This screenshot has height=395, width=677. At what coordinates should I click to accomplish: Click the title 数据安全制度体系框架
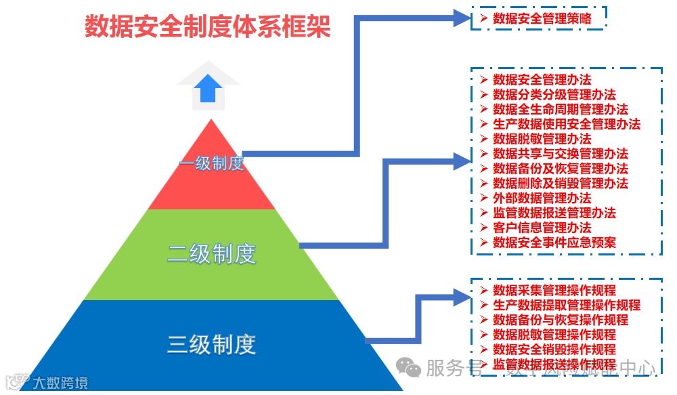pyautogui.click(x=208, y=27)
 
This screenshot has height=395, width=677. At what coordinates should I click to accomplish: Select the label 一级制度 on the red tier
pyautogui.click(x=211, y=163)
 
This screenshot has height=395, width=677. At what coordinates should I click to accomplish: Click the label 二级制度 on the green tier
pyautogui.click(x=211, y=254)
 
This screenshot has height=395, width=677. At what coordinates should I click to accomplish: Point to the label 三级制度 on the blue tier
pyautogui.click(x=211, y=344)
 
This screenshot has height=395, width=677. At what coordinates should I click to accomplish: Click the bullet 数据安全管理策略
pyautogui.click(x=542, y=19)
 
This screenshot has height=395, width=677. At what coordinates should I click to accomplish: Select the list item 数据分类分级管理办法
pyautogui.click(x=554, y=95)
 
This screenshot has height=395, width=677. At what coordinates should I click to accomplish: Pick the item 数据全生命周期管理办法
pyautogui.click(x=560, y=110)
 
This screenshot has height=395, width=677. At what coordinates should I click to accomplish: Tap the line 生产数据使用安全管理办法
pyautogui.click(x=566, y=124)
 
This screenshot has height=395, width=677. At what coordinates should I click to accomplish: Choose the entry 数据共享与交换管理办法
pyautogui.click(x=560, y=154)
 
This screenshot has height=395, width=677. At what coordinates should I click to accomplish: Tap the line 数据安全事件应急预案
pyautogui.click(x=554, y=243)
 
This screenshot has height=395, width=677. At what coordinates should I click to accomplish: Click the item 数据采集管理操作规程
pyautogui.click(x=554, y=291)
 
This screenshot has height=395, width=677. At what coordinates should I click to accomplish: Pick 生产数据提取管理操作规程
pyautogui.click(x=566, y=306)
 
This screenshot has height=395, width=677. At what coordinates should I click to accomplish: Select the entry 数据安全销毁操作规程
pyautogui.click(x=554, y=350)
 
